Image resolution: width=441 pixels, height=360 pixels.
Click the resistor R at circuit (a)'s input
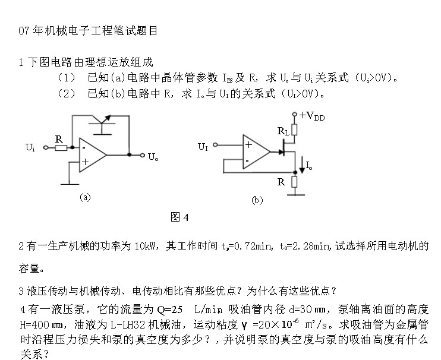(x=60, y=147)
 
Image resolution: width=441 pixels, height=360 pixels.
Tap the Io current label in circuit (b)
(x=310, y=166)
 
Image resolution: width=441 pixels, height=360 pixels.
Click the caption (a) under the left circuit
(x=86, y=198)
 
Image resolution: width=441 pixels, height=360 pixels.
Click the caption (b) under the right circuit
(x=257, y=201)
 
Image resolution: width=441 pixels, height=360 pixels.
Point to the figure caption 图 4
(x=179, y=217)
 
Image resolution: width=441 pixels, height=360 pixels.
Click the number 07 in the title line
(x=24, y=30)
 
